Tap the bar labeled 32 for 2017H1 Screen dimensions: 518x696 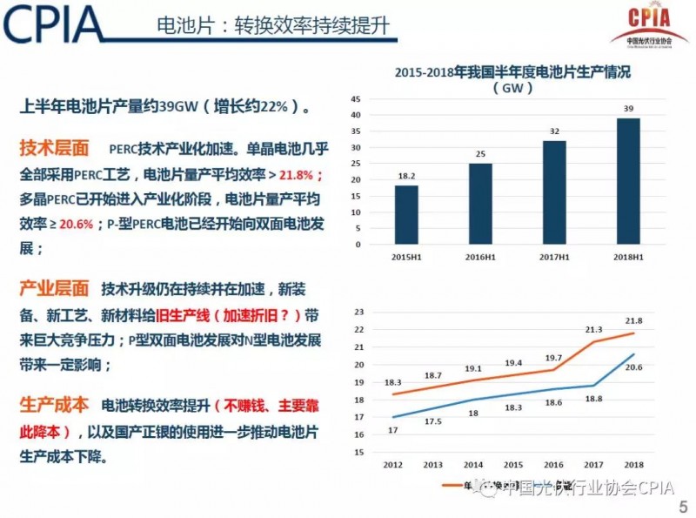554,191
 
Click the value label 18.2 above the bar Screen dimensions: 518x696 405,177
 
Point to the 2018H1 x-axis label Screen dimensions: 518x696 628,256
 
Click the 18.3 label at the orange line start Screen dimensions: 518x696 394,382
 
